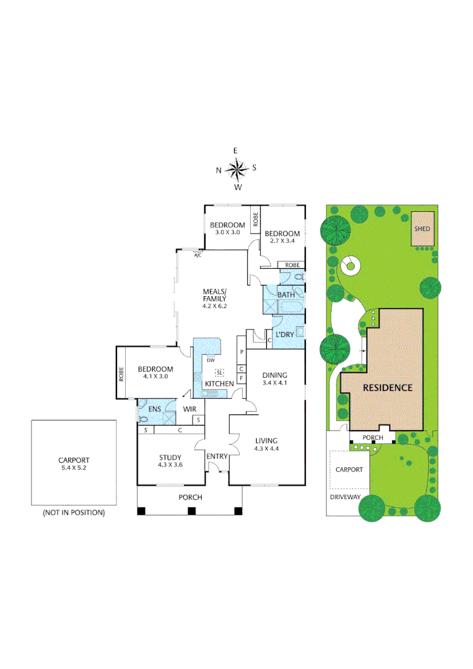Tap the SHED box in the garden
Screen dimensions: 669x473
pyautogui.click(x=422, y=228)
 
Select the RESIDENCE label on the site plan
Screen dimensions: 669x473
pyautogui.click(x=387, y=388)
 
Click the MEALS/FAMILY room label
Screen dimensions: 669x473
pyautogui.click(x=215, y=298)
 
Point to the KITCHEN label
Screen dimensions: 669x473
pyautogui.click(x=219, y=384)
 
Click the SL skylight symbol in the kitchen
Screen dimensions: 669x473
pyautogui.click(x=219, y=372)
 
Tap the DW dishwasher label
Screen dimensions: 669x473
pyautogui.click(x=210, y=360)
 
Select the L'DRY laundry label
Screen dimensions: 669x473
pyautogui.click(x=284, y=334)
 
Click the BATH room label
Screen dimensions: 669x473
pyautogui.click(x=285, y=295)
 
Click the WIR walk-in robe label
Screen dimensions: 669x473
pyautogui.click(x=189, y=409)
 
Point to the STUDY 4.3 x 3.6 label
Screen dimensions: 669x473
pyautogui.click(x=170, y=461)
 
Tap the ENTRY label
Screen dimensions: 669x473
pyautogui.click(x=217, y=457)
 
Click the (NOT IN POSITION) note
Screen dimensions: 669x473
pyautogui.click(x=74, y=513)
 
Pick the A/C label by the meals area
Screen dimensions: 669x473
pyautogui.click(x=198, y=255)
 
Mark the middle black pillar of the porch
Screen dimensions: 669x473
pyautogui.click(x=191, y=511)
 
